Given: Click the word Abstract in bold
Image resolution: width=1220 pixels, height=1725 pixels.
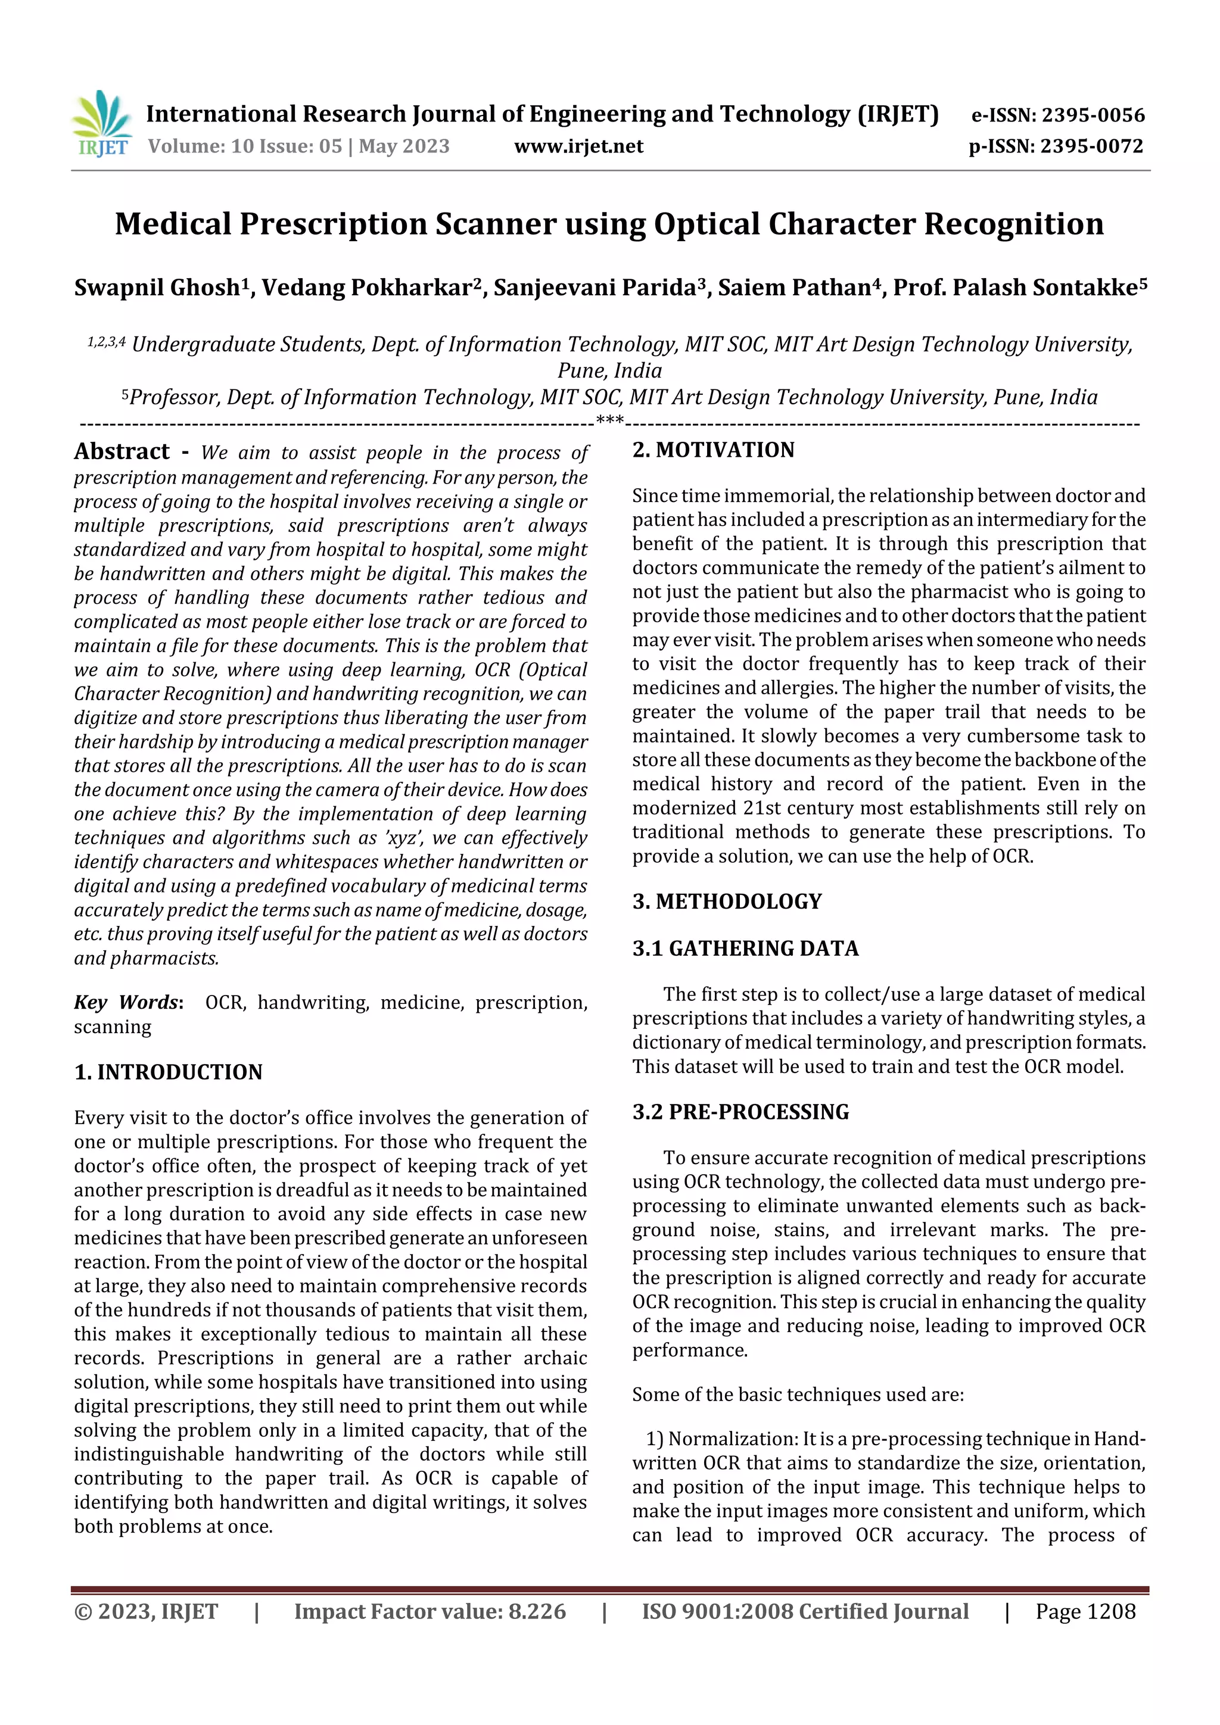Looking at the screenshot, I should pos(122,451).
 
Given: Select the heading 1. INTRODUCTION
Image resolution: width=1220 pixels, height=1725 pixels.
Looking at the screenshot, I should pos(169,1072).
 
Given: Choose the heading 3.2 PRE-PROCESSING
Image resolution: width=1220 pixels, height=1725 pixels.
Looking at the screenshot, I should pos(740,1112).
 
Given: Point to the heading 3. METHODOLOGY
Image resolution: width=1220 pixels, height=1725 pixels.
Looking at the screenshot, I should pos(727,902).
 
